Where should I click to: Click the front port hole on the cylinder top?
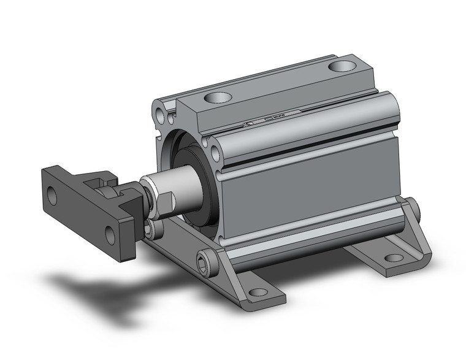pyautogui.click(x=216, y=97)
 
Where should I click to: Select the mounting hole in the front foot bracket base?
pyautogui.click(x=258, y=292)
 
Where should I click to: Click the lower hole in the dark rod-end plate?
pyautogui.click(x=110, y=234)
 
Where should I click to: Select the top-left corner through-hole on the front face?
pyautogui.click(x=160, y=115)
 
